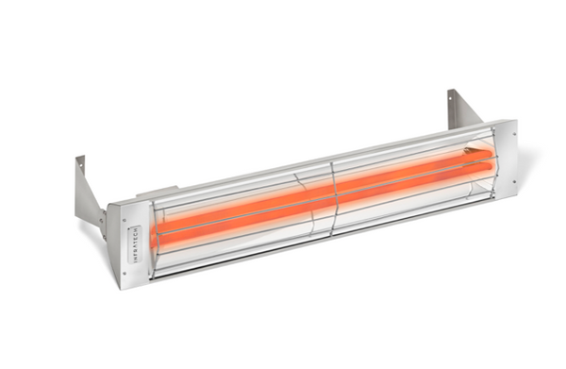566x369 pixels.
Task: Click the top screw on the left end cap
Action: click(123, 214)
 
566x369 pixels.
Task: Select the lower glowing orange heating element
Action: click(311, 211)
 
